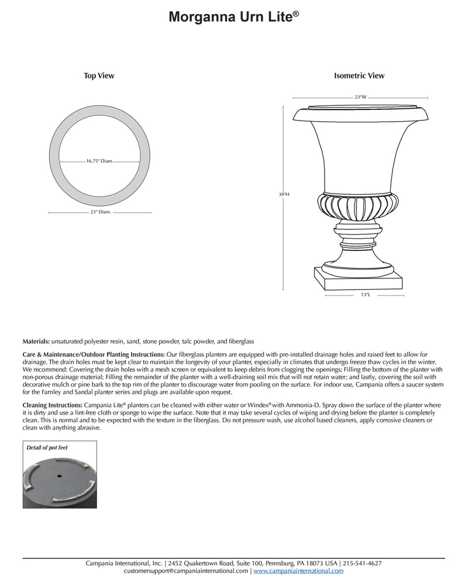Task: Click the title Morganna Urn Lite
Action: point(233,18)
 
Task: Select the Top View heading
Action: point(99,75)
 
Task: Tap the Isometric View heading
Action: point(359,75)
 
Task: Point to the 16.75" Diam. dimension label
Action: point(99,161)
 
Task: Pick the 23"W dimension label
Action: point(360,97)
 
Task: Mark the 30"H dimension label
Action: point(285,195)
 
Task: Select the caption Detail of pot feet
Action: point(49,448)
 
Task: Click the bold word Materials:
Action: point(36,340)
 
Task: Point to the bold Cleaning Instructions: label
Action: point(53,405)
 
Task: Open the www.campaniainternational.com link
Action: point(298,570)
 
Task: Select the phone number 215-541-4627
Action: point(363,563)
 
